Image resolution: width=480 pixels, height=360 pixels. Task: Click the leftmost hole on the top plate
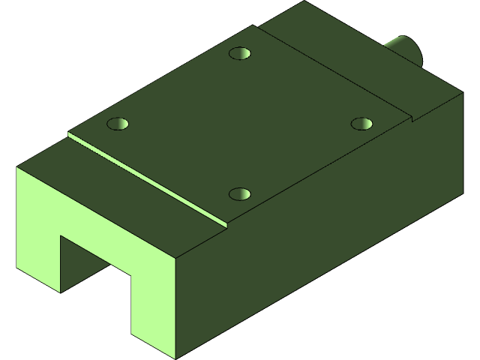[118, 123]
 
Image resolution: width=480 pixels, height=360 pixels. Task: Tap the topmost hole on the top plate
[240, 54]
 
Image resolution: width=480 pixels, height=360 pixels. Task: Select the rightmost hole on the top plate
[362, 122]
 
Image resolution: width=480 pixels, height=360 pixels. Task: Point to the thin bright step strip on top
[146, 178]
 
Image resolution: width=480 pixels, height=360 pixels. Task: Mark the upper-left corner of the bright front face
[18, 168]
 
